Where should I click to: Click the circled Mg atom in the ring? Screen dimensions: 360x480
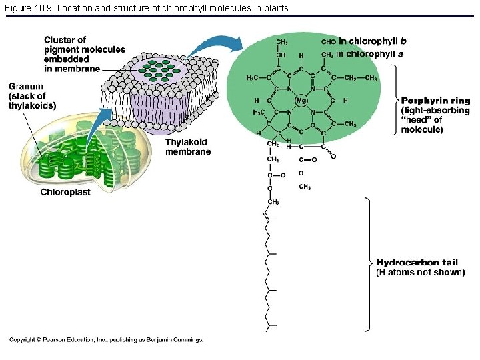point(301,101)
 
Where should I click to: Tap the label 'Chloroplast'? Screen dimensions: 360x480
point(65,192)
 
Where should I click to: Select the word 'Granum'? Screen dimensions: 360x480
point(26,87)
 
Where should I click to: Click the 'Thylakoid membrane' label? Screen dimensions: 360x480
point(187,147)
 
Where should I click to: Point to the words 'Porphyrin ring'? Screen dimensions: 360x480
point(435,101)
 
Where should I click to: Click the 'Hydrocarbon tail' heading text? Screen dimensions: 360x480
point(417,263)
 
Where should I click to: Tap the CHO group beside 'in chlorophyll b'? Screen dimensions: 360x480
point(328,41)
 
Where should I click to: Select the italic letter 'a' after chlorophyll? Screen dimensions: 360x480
point(401,54)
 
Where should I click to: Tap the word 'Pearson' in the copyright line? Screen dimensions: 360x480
point(56,340)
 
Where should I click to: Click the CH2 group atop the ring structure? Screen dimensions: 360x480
point(282,42)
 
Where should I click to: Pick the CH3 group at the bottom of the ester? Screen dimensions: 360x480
point(304,187)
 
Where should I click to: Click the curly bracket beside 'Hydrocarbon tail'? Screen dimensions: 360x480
point(367,263)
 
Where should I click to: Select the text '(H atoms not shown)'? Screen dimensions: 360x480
point(420,272)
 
